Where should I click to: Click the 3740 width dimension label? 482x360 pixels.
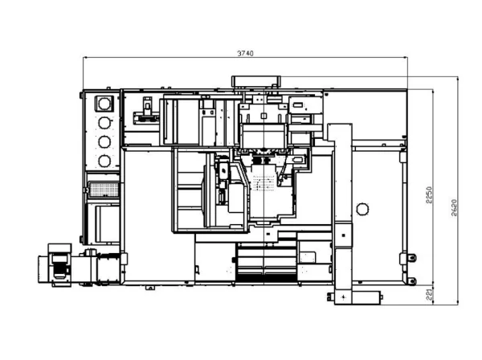click(245, 53)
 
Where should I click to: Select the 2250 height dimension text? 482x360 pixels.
click(429, 195)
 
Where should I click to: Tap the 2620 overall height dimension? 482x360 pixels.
click(455, 208)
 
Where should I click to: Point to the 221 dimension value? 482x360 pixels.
click(430, 294)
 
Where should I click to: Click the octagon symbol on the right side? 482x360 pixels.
click(362, 210)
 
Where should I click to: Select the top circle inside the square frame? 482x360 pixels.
click(104, 104)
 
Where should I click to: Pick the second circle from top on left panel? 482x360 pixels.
click(104, 123)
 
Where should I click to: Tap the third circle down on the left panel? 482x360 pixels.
click(104, 141)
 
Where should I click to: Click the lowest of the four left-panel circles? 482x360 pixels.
click(104, 161)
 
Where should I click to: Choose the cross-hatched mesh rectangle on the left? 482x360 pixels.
click(104, 190)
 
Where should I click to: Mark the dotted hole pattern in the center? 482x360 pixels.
click(263, 182)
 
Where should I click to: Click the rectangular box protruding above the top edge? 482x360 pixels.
click(256, 81)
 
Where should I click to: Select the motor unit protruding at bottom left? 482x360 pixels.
click(55, 265)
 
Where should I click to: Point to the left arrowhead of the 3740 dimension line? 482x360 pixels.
click(85, 58)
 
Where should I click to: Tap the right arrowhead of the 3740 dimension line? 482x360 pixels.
click(405, 58)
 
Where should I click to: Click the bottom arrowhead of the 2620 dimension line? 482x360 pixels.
click(458, 302)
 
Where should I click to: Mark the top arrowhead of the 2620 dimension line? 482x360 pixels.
click(458, 79)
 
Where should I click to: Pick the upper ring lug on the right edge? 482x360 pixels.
click(412, 258)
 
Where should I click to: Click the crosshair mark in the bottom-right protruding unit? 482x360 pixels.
click(343, 297)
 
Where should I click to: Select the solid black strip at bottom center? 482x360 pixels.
click(265, 279)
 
